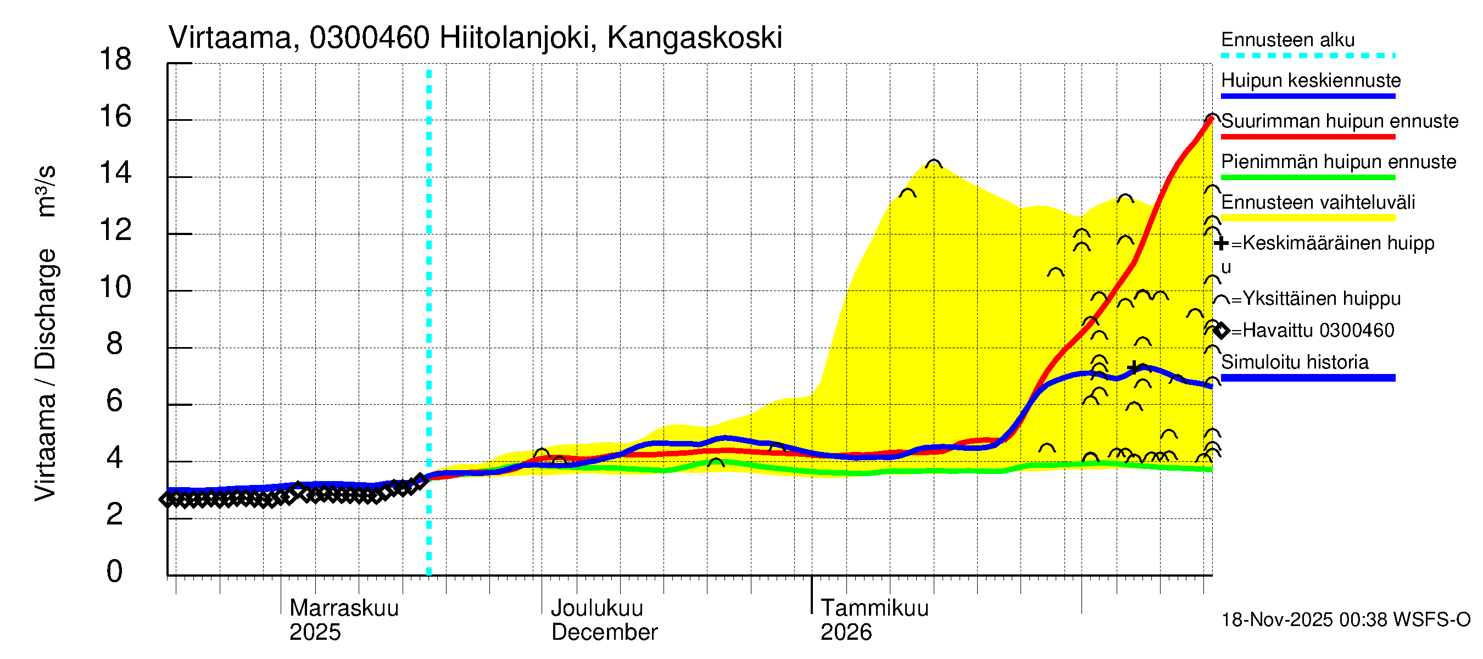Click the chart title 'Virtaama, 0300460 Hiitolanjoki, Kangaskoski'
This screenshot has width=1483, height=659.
click(475, 38)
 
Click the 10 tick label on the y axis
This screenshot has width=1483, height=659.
click(115, 287)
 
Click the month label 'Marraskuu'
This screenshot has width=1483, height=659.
click(344, 608)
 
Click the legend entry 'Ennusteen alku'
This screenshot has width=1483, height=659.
click(1287, 40)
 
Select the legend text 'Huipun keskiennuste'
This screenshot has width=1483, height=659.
click(1311, 81)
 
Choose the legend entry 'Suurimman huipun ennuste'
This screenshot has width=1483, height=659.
click(1339, 121)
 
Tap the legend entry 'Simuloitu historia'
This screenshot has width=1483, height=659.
click(1294, 362)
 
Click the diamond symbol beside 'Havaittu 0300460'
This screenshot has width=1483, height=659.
click(1221, 331)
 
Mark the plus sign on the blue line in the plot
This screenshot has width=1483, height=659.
click(1133, 367)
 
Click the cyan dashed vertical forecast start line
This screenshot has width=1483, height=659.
click(429, 322)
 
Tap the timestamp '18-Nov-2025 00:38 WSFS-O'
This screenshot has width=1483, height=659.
click(1345, 620)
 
